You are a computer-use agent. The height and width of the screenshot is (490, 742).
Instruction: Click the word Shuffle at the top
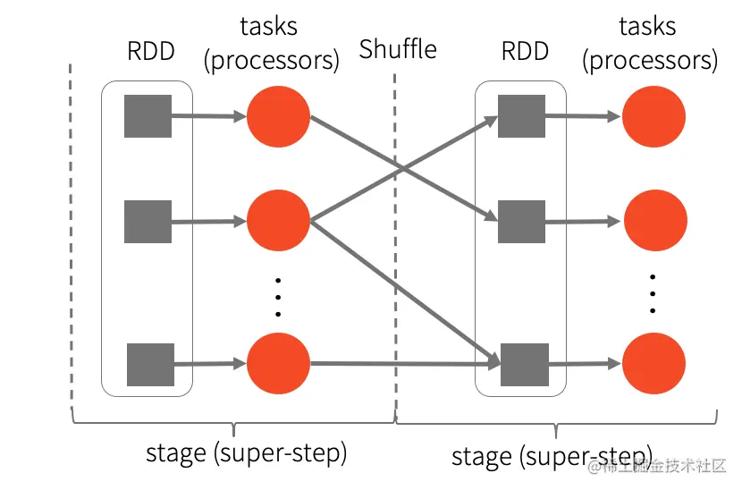(398, 49)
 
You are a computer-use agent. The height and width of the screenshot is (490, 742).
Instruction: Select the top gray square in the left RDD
(148, 115)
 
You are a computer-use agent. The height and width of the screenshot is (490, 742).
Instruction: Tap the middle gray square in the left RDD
(148, 222)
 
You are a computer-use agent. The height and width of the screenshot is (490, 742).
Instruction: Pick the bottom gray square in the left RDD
(150, 364)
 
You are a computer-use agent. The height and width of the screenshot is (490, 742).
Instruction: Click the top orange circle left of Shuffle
(278, 116)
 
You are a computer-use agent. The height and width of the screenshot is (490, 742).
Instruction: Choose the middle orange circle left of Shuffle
(278, 221)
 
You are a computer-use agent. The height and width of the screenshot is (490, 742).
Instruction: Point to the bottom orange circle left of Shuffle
(278, 364)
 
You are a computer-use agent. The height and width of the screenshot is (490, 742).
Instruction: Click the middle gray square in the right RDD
(521, 221)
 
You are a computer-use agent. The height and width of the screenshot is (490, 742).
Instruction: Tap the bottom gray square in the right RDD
(523, 364)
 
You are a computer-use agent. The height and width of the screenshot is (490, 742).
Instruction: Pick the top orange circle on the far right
(653, 116)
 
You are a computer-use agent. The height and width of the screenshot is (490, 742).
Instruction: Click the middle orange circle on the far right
(653, 221)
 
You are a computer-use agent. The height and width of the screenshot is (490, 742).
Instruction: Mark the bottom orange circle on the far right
(653, 364)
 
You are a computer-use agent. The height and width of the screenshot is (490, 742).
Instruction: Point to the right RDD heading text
(525, 50)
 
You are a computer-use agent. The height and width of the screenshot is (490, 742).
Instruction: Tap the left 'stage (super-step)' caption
(246, 452)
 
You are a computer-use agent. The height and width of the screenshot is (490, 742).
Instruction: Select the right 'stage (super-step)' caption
(552, 456)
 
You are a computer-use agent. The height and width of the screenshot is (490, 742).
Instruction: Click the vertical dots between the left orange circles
(278, 294)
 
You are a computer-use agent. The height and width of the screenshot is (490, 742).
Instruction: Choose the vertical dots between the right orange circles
(653, 292)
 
